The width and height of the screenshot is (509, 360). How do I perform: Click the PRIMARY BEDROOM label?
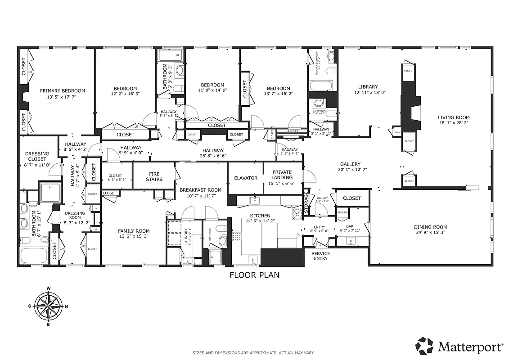[x=62, y=90]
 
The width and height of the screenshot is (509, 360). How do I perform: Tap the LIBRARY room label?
[x=368, y=87]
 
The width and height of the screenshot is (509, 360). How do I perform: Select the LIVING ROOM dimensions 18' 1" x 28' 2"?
[x=454, y=124]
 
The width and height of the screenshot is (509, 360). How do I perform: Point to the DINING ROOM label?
[x=430, y=227]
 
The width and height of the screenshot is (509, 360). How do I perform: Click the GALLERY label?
[x=350, y=164]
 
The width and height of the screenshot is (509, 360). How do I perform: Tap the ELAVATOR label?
[x=246, y=178]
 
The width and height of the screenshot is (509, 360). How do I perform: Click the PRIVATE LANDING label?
[x=282, y=175]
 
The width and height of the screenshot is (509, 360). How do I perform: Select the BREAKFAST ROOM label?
[x=200, y=190]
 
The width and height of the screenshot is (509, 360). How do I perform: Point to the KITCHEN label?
[x=260, y=216]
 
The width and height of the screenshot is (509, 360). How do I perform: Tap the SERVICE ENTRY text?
[x=320, y=256]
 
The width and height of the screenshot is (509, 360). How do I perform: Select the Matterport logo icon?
[x=425, y=346]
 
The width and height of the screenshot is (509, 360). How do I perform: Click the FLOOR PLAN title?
[x=254, y=275]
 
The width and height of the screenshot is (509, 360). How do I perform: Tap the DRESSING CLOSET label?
[x=37, y=156]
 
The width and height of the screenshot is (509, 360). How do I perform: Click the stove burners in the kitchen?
[x=237, y=237]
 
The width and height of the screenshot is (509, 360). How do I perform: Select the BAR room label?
[x=349, y=226]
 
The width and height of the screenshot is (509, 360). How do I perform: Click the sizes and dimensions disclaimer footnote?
[x=253, y=353]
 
